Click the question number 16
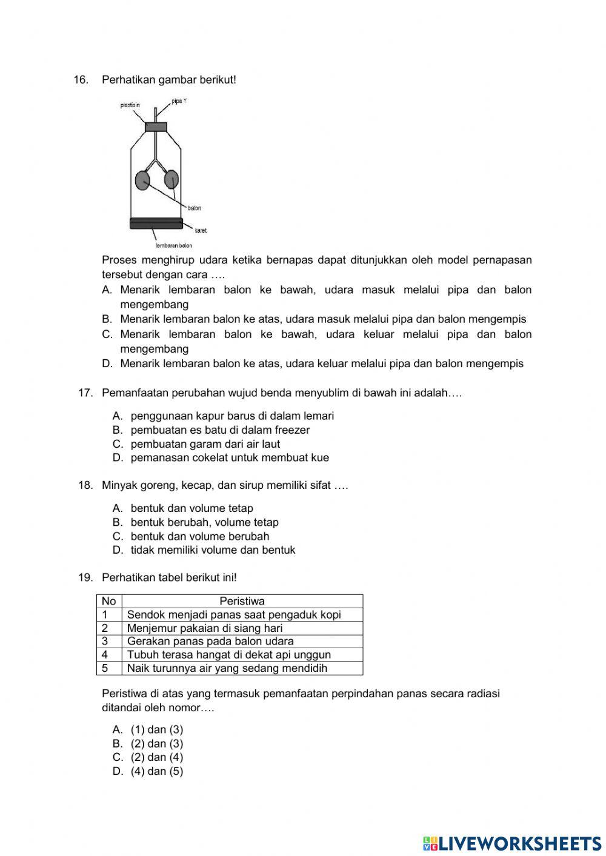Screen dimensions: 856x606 pyautogui.click(x=81, y=80)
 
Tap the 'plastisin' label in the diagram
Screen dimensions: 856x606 pyautogui.click(x=130, y=105)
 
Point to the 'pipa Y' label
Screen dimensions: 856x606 pyautogui.click(x=179, y=101)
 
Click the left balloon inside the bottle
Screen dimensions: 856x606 pyautogui.click(x=142, y=180)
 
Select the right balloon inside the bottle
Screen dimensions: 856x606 pyautogui.click(x=171, y=179)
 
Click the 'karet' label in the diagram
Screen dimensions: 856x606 pyautogui.click(x=201, y=231)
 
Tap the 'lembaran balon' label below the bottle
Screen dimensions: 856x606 pyautogui.click(x=173, y=245)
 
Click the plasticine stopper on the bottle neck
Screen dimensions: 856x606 pyautogui.click(x=156, y=127)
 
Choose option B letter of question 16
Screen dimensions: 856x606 pyautogui.click(x=107, y=319)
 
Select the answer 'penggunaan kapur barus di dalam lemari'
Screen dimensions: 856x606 pyautogui.click(x=232, y=416)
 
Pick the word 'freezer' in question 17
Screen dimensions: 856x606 pyautogui.click(x=292, y=430)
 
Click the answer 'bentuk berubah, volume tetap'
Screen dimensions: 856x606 pyautogui.click(x=204, y=522)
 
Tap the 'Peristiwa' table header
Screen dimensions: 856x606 pyautogui.click(x=242, y=602)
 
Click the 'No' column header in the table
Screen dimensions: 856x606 pyautogui.click(x=109, y=602)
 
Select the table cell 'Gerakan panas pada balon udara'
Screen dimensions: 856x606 pyautogui.click(x=210, y=642)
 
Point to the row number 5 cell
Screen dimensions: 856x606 pyautogui.click(x=105, y=668)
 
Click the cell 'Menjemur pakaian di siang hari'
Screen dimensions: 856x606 pyautogui.click(x=205, y=628)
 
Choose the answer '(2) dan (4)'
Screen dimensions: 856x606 pyautogui.click(x=156, y=757)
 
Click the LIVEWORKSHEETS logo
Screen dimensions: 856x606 pyautogui.click(x=512, y=843)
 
